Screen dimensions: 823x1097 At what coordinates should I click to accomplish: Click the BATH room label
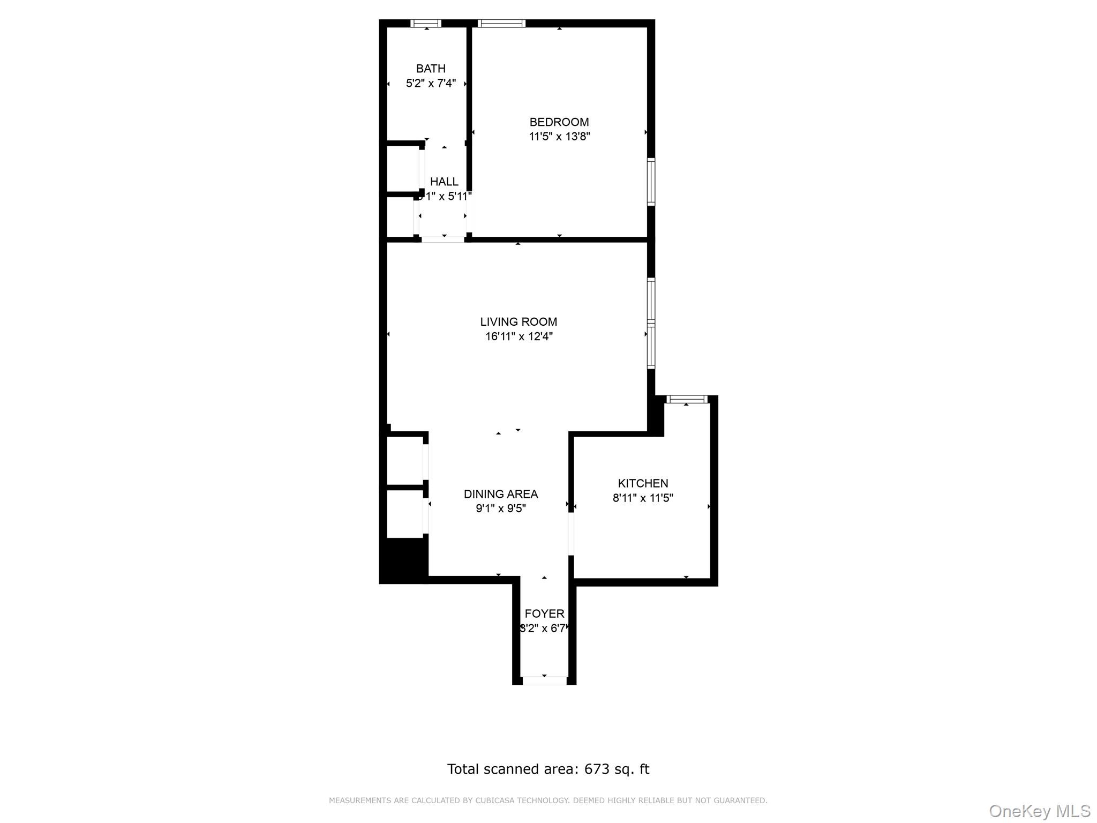[431, 69]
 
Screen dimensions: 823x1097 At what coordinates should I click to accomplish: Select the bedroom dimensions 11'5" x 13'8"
[559, 137]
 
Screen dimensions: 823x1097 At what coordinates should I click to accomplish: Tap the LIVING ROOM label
[518, 322]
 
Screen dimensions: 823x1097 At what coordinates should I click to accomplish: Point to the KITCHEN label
[643, 483]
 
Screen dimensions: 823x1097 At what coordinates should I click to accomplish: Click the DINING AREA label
[500, 494]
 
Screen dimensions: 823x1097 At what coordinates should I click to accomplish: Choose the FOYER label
[544, 614]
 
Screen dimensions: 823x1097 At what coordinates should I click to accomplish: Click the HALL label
[444, 182]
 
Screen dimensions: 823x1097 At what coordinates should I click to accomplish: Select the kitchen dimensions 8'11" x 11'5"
[643, 498]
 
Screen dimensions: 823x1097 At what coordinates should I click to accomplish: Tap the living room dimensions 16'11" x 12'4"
[519, 336]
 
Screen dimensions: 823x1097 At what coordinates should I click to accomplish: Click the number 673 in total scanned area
[596, 769]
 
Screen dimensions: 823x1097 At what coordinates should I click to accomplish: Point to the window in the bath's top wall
[426, 23]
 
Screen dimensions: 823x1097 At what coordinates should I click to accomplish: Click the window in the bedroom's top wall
[501, 23]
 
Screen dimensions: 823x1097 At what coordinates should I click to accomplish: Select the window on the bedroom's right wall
[651, 182]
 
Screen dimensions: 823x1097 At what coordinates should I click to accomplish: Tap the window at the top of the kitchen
[687, 399]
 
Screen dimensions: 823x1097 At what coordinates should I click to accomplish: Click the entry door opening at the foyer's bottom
[544, 680]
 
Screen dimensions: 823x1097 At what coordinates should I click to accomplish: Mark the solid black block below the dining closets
[405, 560]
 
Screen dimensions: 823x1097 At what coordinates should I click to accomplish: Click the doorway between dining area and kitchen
[571, 534]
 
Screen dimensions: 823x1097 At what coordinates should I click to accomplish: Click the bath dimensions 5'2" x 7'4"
[431, 83]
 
